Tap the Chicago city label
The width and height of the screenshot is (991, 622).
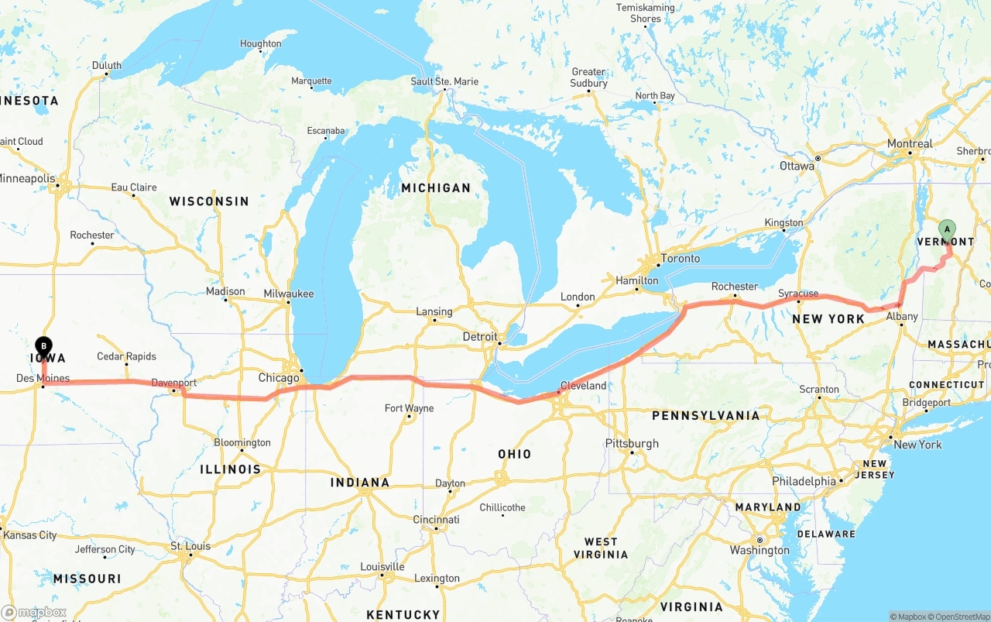pos(279,378)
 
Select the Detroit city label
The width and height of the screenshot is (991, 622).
pos(480,337)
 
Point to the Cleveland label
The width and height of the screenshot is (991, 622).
pos(583,385)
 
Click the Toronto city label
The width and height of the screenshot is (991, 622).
pos(681,259)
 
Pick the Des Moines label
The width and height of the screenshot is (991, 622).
pos(43,379)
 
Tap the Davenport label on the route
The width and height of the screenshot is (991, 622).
pos(173,383)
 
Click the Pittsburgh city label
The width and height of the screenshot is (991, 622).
pos(632,444)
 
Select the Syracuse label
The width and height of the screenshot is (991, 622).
pos(798,294)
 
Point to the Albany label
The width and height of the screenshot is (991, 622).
pos(902,316)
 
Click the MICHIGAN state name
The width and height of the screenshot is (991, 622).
pos(436,187)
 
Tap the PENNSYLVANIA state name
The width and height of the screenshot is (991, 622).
pos(705,416)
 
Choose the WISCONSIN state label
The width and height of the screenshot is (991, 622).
pos(209,201)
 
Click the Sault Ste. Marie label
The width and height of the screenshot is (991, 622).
pos(444,81)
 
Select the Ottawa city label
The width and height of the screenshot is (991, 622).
pos(797,166)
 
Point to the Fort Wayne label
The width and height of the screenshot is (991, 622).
pos(409,408)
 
